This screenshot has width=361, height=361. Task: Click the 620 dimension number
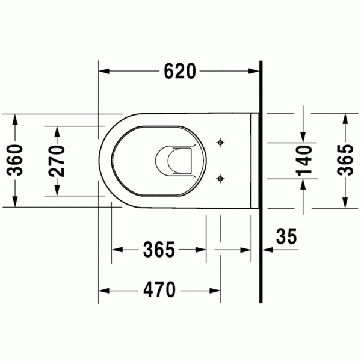pos(180,71)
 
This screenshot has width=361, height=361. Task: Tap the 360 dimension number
pos(15,160)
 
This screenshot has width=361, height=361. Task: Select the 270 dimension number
pos(57,161)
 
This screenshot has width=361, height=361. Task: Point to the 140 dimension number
pos(304,161)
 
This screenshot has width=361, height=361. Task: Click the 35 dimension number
pos(286,236)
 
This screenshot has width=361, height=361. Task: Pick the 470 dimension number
pos(159,289)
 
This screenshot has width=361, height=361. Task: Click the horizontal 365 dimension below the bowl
pos(159,249)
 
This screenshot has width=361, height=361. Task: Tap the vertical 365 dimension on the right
pos(345,160)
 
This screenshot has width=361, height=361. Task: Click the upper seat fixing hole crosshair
pos(220,143)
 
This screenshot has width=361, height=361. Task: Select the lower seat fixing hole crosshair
pos(220,179)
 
